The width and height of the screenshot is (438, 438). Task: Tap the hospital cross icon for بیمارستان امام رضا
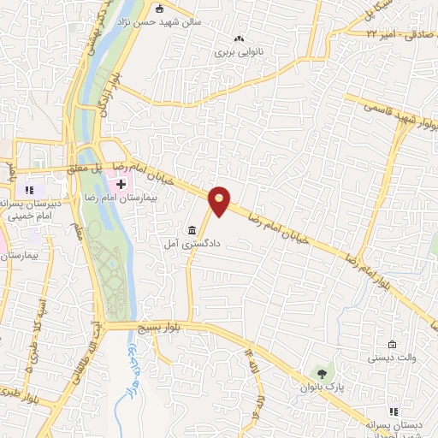tap(122, 183)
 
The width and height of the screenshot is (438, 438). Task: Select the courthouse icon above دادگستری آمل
tap(192, 231)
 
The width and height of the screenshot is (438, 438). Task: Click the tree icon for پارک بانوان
tap(321, 372)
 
